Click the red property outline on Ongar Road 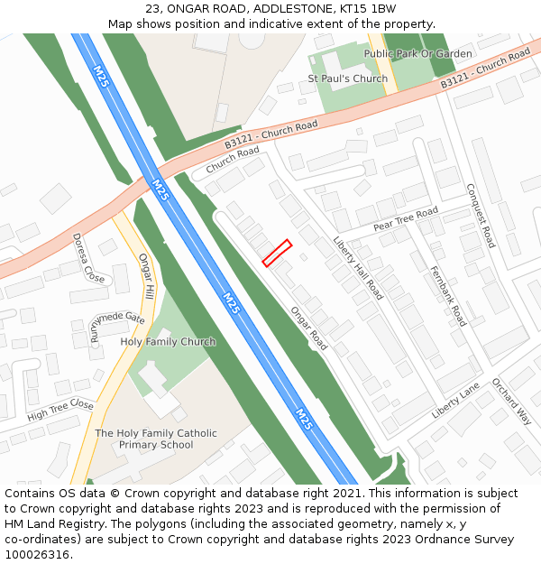point(276,253)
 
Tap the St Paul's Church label point(347,79)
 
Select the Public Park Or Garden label point(417,53)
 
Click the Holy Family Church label point(168,342)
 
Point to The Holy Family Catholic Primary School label point(156,439)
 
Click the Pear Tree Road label point(406,217)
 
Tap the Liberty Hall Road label point(358,268)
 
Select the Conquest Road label point(481,216)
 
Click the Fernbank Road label point(448,295)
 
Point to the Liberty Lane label point(455,400)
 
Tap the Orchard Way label point(511,401)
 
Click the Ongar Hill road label point(147,276)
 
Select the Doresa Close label point(88,258)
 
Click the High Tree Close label point(60,411)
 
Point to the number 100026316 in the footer point(37,554)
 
